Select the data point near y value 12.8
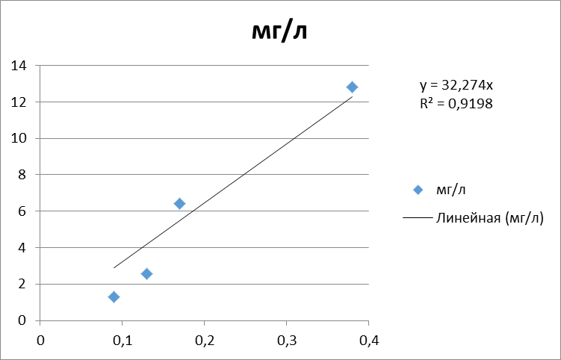click(x=352, y=87)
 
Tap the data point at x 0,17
click(x=179, y=203)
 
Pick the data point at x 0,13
click(x=146, y=274)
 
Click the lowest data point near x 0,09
click(x=114, y=297)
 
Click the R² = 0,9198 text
click(x=456, y=104)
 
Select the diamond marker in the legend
click(x=418, y=190)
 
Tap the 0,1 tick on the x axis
click(x=122, y=340)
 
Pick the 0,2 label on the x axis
click(x=204, y=340)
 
